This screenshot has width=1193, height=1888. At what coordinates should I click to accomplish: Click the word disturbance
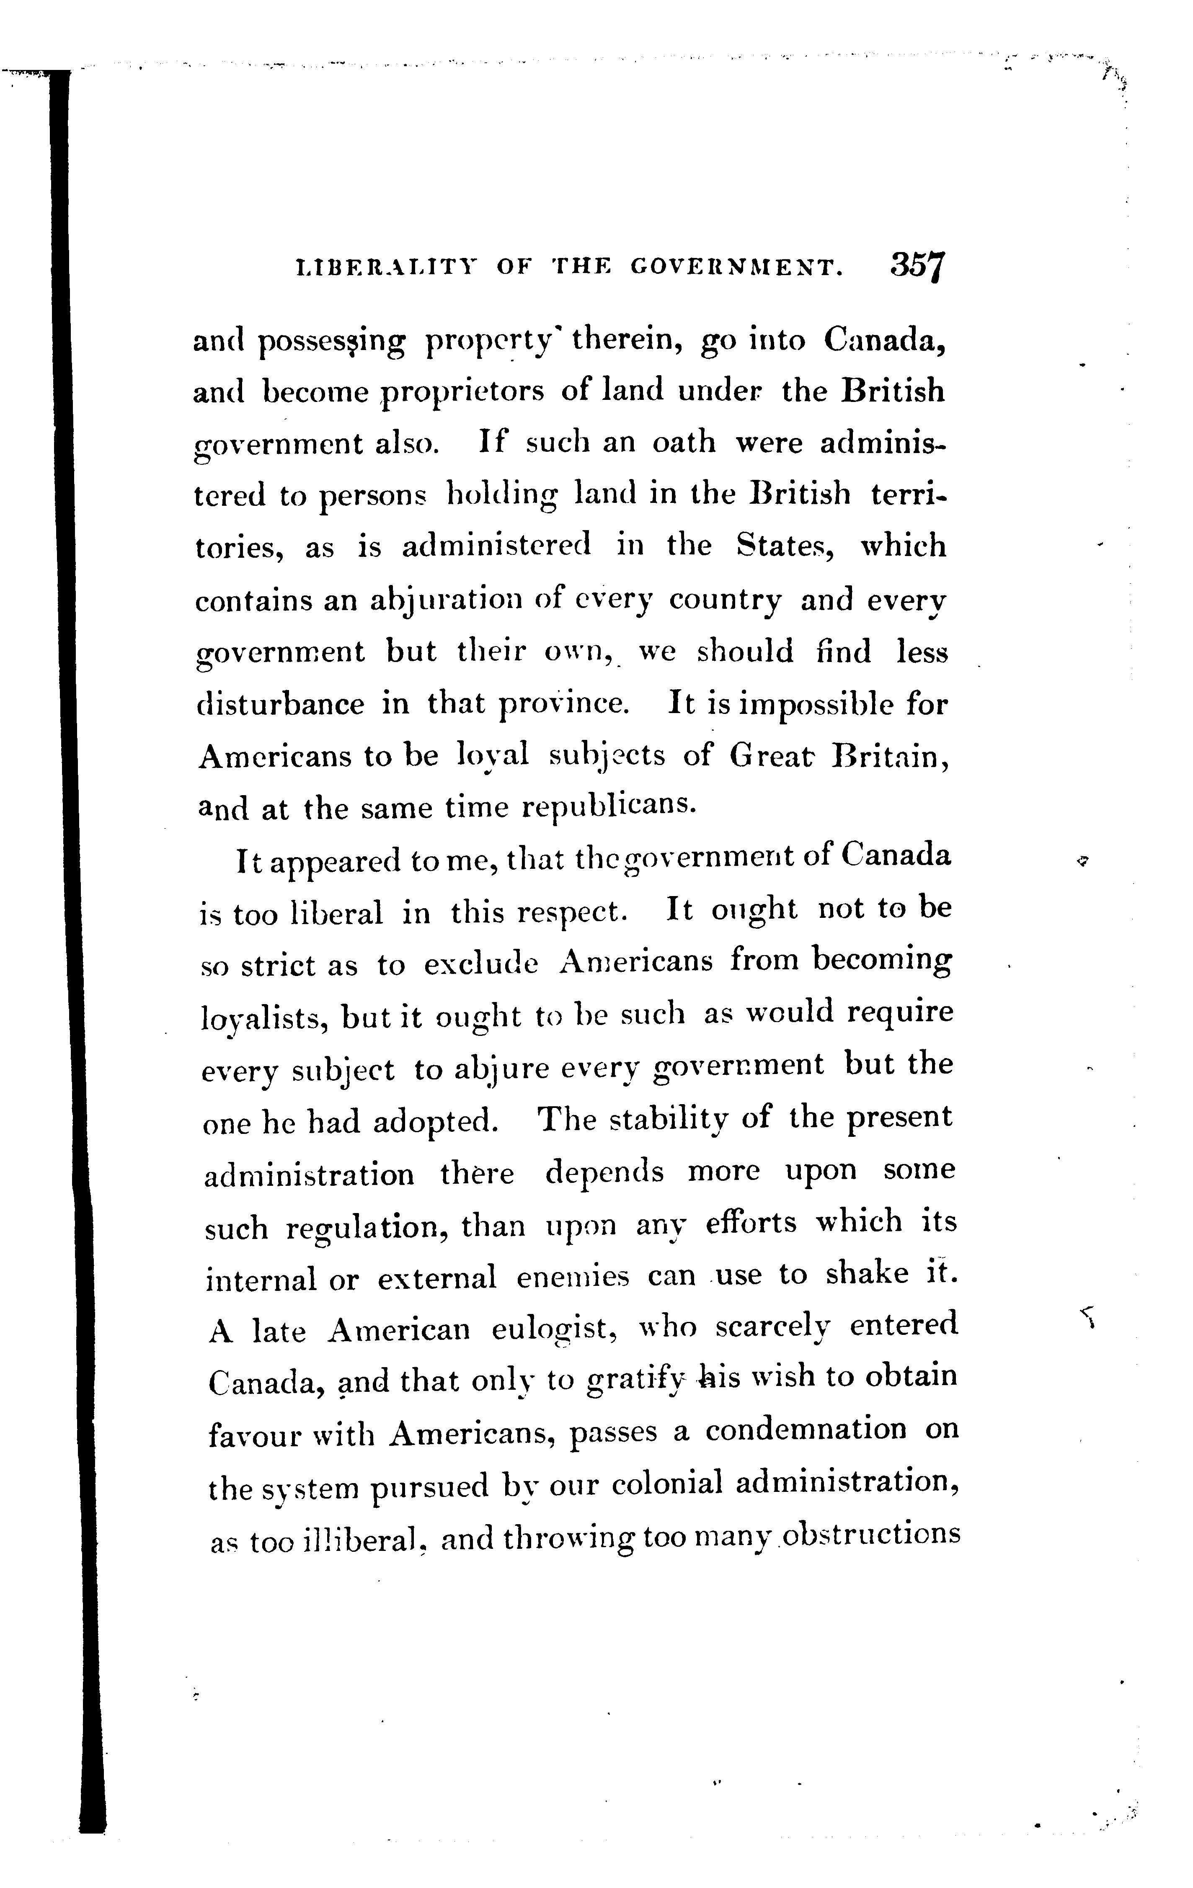point(280,704)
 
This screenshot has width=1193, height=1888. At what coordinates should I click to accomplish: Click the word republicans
point(609,807)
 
